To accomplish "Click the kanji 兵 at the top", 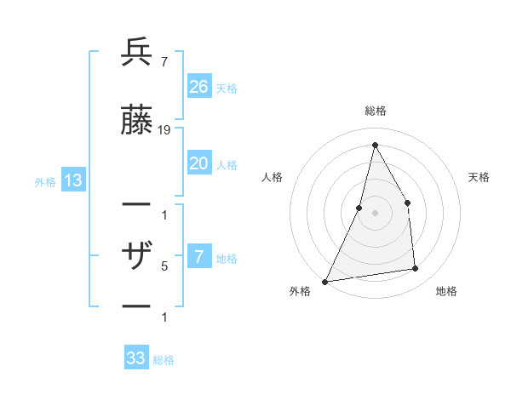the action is coord(136,54).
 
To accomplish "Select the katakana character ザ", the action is coord(136,255).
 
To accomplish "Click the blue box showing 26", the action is coord(199,86).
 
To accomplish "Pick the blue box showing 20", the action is coord(199,163).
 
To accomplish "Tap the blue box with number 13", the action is coord(72,180).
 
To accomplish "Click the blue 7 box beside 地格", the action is coord(199,257).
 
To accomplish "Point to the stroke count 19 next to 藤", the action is coord(164,129).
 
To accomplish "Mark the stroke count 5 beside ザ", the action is coord(164,266).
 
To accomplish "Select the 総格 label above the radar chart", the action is coord(376,111).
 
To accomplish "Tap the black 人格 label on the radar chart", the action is coord(272,177).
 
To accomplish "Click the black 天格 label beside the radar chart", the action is coord(479,177).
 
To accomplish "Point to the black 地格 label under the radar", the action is coord(446,291).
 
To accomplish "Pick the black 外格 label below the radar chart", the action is coord(300,291).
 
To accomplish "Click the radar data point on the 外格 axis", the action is coord(324,282).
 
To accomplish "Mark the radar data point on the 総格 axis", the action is coord(376,145).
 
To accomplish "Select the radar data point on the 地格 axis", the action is coord(416,269).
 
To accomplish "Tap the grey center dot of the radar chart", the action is coord(376,213).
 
